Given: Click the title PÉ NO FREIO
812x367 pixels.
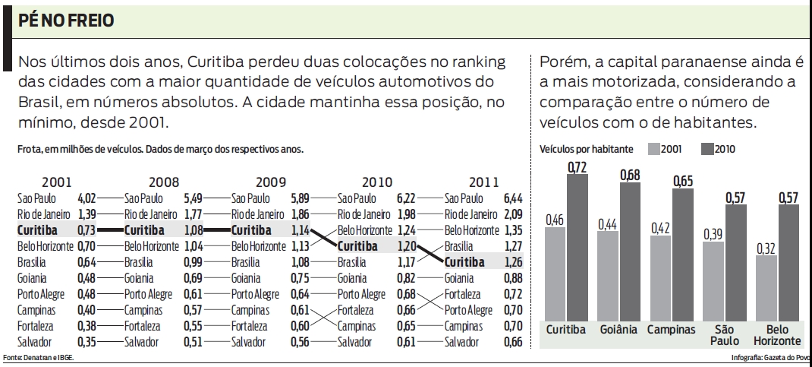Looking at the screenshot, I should [x=67, y=20].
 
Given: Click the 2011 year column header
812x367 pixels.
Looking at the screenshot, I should [x=483, y=182].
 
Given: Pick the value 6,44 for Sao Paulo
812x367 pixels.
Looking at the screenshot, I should [x=514, y=197].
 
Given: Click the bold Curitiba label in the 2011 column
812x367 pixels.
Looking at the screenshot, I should [x=469, y=262].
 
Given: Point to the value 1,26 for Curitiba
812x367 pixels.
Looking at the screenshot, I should [x=514, y=262].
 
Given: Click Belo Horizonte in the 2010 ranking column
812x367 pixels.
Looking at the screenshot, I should [x=367, y=229].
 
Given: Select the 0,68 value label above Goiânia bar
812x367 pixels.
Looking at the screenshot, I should [x=630, y=176].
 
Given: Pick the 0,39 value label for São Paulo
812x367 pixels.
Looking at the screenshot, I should [x=713, y=234].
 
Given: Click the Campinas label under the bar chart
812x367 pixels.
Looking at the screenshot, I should [x=671, y=330].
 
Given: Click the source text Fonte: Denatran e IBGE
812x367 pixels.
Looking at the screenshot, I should [x=38, y=357].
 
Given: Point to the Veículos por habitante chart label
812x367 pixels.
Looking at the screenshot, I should [x=585, y=150].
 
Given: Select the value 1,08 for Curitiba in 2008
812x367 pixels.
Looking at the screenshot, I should [x=196, y=229].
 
